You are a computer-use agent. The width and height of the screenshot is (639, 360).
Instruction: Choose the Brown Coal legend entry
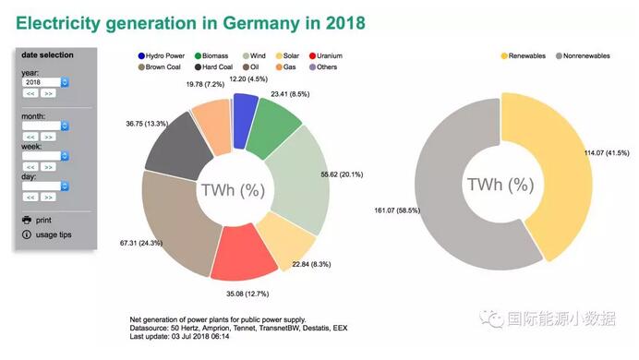pos(165,67)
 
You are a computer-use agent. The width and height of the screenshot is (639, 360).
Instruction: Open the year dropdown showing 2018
pos(46,82)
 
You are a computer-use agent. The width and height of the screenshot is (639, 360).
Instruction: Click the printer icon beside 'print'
pos(27,220)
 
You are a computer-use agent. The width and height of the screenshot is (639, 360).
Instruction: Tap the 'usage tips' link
pos(54,234)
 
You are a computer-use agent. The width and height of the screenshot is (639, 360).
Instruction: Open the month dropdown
pos(46,126)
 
